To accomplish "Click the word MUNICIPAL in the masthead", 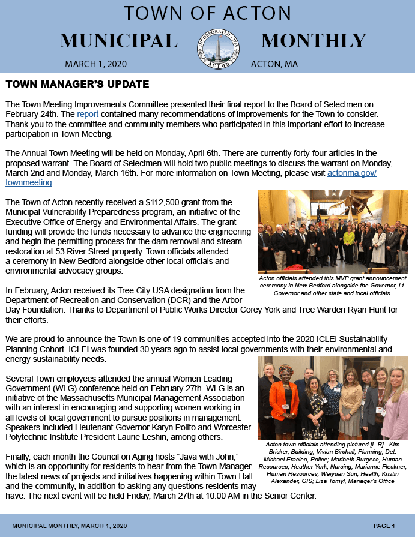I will [x=118, y=41].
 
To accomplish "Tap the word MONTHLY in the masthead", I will [x=313, y=41].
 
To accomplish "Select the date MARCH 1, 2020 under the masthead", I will [x=95, y=64].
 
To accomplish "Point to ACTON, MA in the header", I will [x=274, y=64].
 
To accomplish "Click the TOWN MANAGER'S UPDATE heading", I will [x=77, y=84].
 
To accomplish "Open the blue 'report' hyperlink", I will [x=87, y=114].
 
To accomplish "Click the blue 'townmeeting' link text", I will [x=29, y=183].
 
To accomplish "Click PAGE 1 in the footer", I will [x=384, y=526].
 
